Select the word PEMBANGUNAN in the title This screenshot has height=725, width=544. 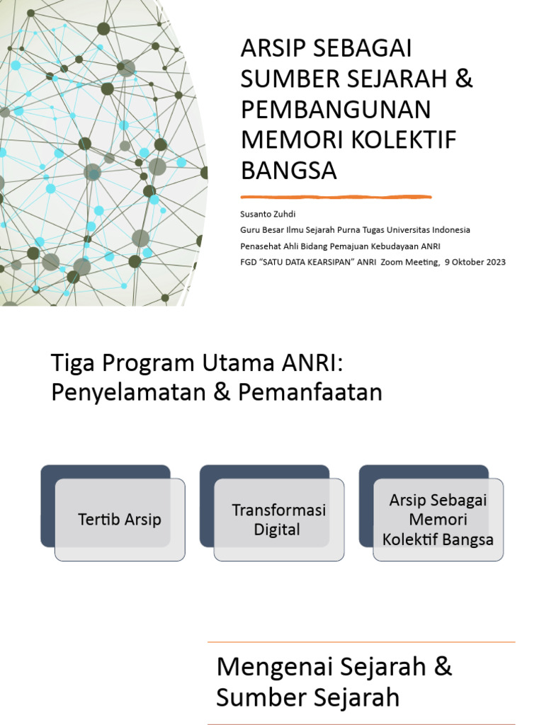336,110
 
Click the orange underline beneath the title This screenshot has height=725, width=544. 336,197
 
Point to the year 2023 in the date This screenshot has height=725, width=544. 493,262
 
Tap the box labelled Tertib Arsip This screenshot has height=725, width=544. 120,520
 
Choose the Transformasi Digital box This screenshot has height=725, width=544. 278,520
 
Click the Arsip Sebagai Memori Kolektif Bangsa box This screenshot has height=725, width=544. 438,520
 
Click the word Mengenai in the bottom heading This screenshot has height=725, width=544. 270,666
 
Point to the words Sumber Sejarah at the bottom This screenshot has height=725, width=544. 307,697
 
